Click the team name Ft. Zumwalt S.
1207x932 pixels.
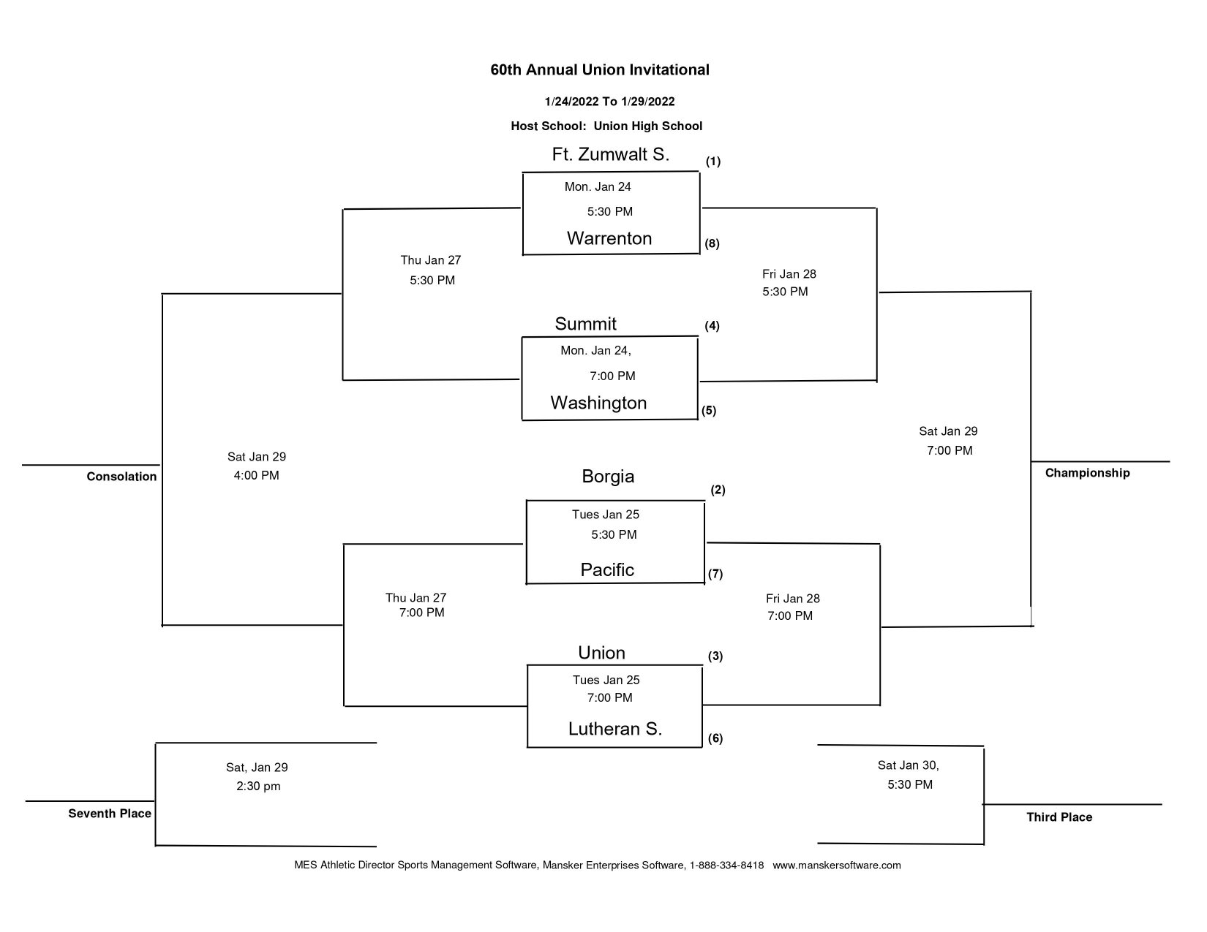610,155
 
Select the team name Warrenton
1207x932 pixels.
609,238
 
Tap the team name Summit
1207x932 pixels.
585,324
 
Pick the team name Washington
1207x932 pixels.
598,403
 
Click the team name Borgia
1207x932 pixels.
608,477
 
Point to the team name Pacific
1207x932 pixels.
607,569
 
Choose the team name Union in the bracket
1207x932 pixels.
601,653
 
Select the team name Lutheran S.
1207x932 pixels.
614,729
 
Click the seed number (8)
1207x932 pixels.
712,244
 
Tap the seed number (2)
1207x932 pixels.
718,490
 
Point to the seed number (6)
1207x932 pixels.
715,738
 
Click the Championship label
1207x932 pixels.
1087,473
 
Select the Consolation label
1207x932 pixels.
121,477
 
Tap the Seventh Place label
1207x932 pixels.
110,814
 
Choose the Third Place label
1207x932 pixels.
1059,817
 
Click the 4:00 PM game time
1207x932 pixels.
256,476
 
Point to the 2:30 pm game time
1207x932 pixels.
257,787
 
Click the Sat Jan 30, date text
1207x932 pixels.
908,765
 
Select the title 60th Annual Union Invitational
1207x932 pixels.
599,70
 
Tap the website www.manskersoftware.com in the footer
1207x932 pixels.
836,865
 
